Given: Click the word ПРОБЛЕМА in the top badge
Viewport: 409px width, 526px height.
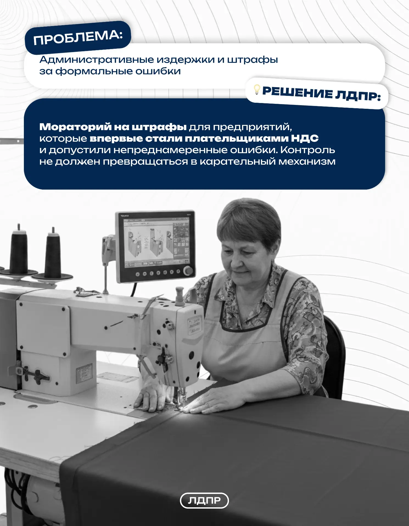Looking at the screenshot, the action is [78, 37].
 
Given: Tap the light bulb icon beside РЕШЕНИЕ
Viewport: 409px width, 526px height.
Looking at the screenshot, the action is [257, 90].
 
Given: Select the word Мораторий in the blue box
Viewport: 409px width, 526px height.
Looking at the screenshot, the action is [75, 127].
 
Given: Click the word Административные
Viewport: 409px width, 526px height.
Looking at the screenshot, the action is [97, 60].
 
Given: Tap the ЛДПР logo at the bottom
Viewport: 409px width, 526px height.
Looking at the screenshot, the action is [204, 501].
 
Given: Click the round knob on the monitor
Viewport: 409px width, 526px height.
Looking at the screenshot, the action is [188, 270].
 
